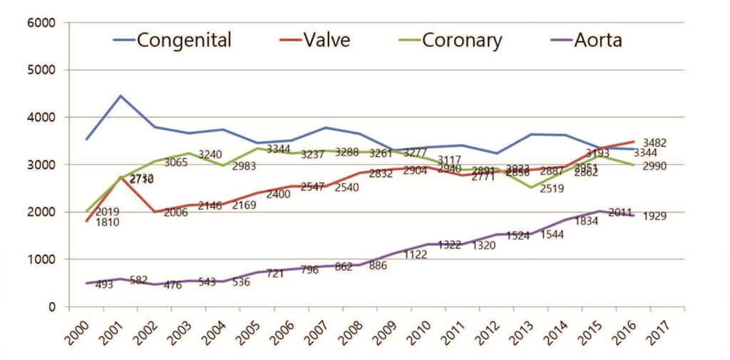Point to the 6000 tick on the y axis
41,23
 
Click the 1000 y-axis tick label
41,259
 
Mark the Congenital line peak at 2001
121,96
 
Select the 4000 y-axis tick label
41,118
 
